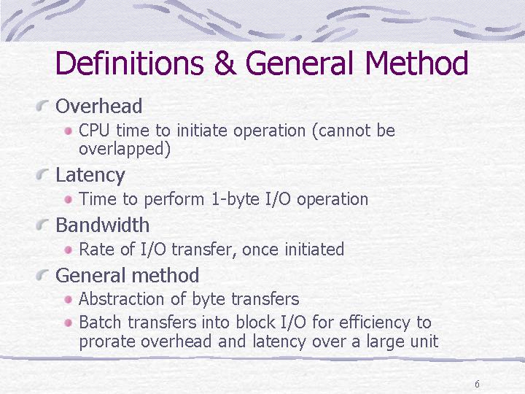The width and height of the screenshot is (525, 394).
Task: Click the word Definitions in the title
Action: point(130,63)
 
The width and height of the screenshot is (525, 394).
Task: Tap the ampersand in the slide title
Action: point(225,63)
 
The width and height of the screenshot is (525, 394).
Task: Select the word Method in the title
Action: point(416,63)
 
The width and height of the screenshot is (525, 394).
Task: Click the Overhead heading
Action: point(98,106)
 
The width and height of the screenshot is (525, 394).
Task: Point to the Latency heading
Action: point(90,175)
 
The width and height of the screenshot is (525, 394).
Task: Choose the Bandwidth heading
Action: point(103,225)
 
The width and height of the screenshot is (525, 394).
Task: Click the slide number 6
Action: point(477,384)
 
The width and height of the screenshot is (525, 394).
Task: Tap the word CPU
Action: point(94,131)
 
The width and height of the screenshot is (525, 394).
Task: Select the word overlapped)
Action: point(125,149)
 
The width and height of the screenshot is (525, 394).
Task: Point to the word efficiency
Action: point(374,323)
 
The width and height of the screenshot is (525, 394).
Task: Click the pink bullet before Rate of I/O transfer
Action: point(69,250)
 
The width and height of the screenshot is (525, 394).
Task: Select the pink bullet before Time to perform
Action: point(69,200)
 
